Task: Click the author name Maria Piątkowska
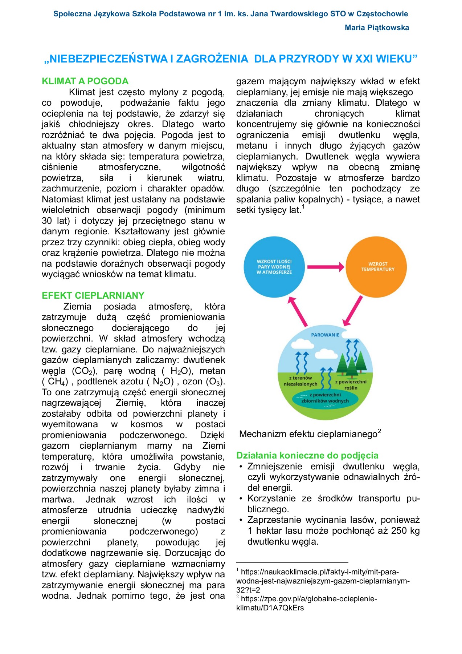pyautogui.click(x=377, y=28)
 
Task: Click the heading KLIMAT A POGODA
pyautogui.click(x=85, y=81)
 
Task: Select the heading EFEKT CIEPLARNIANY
pyautogui.click(x=93, y=295)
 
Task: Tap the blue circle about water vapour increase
pyautogui.click(x=274, y=267)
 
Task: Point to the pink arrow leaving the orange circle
pyautogui.click(x=353, y=311)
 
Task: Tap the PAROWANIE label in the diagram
pyautogui.click(x=325, y=335)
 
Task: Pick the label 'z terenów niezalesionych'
pyautogui.click(x=300, y=381)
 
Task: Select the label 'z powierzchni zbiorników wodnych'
pyautogui.click(x=325, y=398)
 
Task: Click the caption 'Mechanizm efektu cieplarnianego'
pyautogui.click(x=308, y=434)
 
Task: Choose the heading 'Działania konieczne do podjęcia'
pyautogui.click(x=307, y=455)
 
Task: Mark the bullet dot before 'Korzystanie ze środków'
pyautogui.click(x=241, y=499)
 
